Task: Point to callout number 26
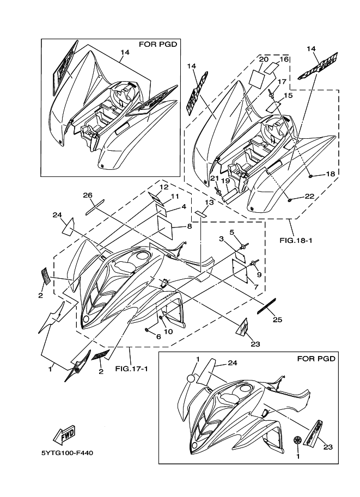pos(87,194)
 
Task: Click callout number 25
pos(277,320)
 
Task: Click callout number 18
pos(331,174)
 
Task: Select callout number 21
pos(214,178)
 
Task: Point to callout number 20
pos(264,59)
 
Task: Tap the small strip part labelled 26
pos(94,205)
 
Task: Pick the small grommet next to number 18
pos(310,176)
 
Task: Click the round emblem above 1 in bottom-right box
pos(191,378)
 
